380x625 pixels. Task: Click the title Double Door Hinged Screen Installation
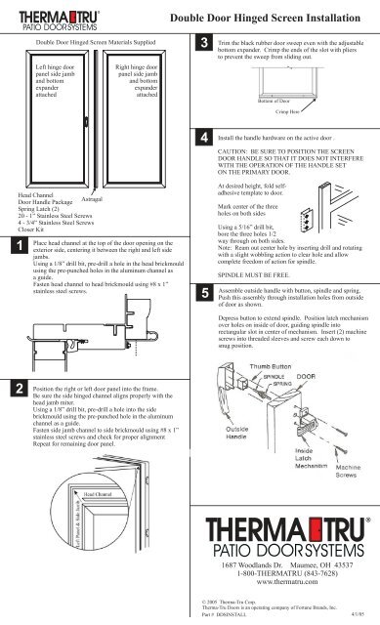coord(274,17)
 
